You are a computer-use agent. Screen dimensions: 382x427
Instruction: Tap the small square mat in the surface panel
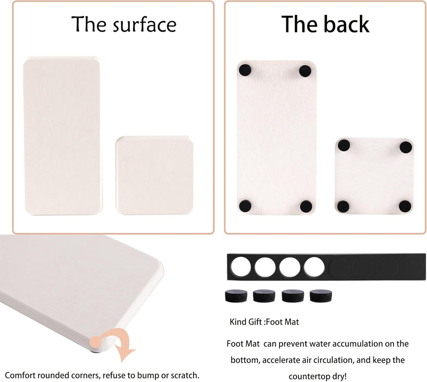[155, 175]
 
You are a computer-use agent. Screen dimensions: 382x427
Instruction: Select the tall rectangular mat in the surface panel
[62, 136]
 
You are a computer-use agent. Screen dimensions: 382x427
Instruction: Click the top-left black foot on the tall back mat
[245, 70]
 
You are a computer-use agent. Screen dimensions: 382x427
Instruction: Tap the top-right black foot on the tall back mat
[306, 70]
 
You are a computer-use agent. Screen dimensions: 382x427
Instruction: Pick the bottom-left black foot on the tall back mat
[245, 205]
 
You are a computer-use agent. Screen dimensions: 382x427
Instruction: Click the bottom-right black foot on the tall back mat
[306, 206]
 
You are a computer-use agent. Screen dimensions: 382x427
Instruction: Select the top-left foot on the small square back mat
[344, 146]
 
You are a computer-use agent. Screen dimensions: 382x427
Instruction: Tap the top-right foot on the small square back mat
[405, 147]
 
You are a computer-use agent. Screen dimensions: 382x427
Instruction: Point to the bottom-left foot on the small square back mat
[343, 206]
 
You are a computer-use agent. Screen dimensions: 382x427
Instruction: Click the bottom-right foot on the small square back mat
[405, 206]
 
